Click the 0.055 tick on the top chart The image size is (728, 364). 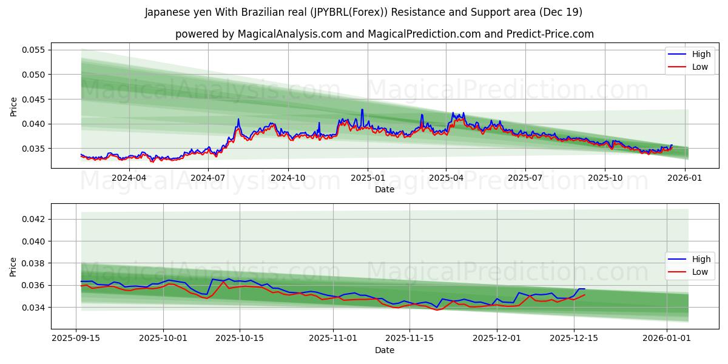[35, 50]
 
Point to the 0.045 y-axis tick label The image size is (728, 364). [35, 99]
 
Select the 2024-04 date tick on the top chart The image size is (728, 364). [129, 178]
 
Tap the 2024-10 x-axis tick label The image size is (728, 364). [288, 178]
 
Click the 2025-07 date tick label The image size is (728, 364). [525, 178]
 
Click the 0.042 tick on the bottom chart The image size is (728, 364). [35, 219]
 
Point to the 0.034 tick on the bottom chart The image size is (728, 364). [35, 308]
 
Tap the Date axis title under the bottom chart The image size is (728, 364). [385, 350]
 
